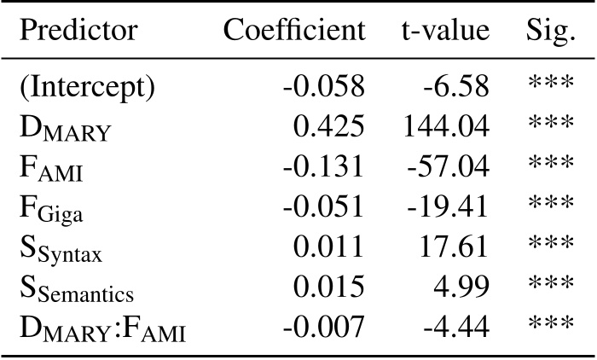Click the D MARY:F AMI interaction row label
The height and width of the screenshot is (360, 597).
click(x=102, y=327)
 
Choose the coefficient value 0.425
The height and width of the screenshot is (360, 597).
click(x=329, y=126)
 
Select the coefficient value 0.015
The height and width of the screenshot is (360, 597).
click(x=329, y=287)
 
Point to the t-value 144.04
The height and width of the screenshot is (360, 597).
click(x=444, y=126)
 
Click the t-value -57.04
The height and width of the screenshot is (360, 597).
click(x=448, y=166)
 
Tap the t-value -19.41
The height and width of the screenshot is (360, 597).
click(x=448, y=206)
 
